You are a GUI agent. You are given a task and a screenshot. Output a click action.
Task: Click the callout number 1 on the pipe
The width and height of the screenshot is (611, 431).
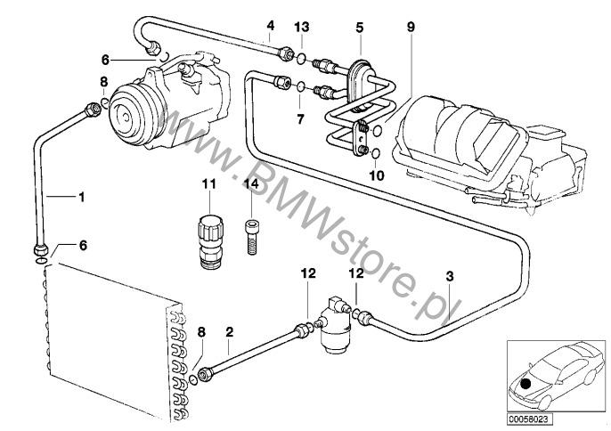tap(81, 195)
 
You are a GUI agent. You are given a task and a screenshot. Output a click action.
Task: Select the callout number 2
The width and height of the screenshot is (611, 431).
tap(229, 334)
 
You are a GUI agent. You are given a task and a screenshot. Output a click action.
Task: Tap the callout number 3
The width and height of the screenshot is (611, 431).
tap(450, 275)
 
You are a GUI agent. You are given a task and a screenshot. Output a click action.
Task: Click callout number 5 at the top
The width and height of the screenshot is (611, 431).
tap(359, 28)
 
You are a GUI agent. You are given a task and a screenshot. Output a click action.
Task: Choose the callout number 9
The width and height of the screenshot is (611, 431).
tap(410, 28)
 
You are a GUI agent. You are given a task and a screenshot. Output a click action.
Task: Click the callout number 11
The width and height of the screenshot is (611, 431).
tap(209, 184)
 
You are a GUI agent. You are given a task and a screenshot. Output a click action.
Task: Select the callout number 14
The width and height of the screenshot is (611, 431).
tap(250, 184)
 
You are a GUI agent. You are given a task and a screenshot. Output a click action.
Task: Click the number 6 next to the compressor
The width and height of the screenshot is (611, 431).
tap(105, 61)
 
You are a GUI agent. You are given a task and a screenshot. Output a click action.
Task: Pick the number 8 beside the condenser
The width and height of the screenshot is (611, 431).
tap(202, 332)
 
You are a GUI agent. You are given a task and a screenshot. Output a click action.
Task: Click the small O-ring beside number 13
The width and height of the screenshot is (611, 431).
tap(303, 60)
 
